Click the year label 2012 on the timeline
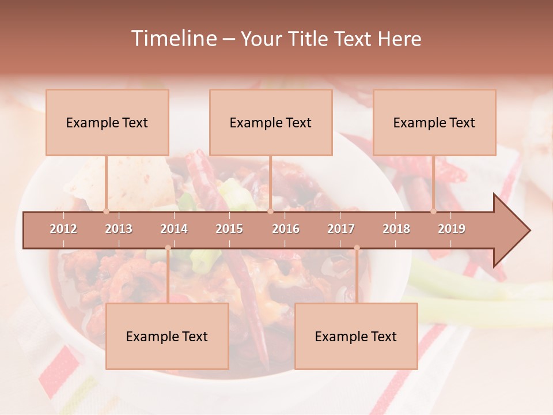pyautogui.click(x=63, y=229)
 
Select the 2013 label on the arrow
pyautogui.click(x=119, y=229)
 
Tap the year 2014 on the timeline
pyautogui.click(x=174, y=229)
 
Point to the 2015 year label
pyautogui.click(x=229, y=229)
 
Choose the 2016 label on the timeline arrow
pyautogui.click(x=286, y=229)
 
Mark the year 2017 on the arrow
pyautogui.click(x=341, y=229)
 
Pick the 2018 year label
pyautogui.click(x=396, y=229)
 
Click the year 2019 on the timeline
pyautogui.click(x=452, y=229)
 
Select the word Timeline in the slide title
pyautogui.click(x=173, y=39)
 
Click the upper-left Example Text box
pyautogui.click(x=107, y=122)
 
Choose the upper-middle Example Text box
pyautogui.click(x=271, y=122)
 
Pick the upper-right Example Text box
pyautogui.click(x=434, y=122)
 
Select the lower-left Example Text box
pyautogui.click(x=167, y=336)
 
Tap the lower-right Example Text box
pyautogui.click(x=356, y=336)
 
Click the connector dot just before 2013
pyautogui.click(x=106, y=211)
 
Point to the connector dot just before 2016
pyautogui.click(x=270, y=211)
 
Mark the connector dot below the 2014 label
pyautogui.click(x=168, y=248)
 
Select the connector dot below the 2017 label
pyautogui.click(x=357, y=248)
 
